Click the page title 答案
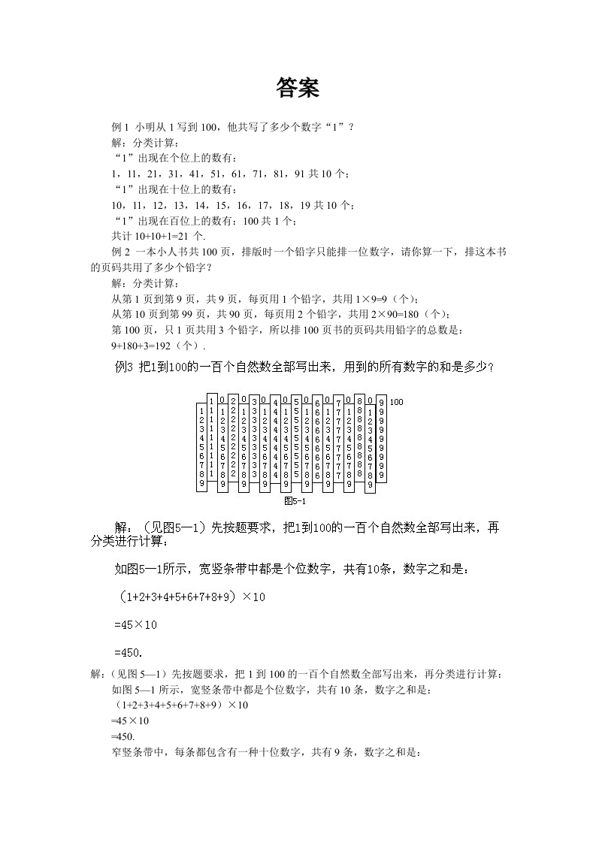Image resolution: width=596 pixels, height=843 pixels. click(298, 88)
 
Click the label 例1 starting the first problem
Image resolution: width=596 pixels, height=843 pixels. click(121, 126)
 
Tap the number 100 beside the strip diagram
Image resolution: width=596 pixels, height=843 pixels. click(397, 402)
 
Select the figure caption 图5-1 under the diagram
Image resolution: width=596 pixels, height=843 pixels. click(295, 500)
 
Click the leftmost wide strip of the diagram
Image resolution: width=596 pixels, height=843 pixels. click(201, 448)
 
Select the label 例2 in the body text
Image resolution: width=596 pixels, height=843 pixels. click(121, 252)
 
